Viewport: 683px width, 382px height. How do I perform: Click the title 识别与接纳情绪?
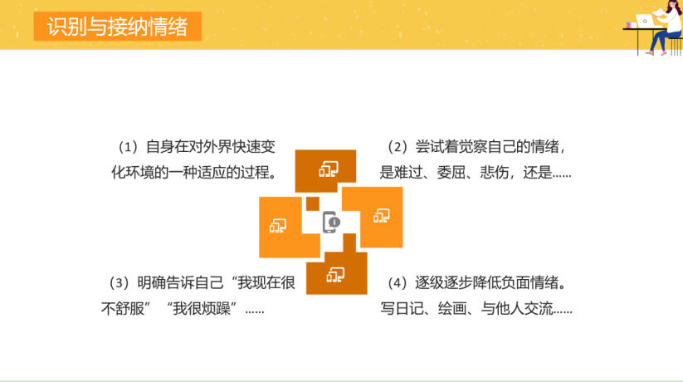pos(117,27)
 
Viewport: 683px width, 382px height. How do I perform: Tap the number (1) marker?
pos(128,147)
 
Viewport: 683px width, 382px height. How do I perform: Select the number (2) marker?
pos(398,147)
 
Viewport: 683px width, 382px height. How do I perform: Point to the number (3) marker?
pos(119,283)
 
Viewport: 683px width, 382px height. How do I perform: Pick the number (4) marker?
pos(398,283)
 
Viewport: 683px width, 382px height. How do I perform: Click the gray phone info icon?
pos(331,223)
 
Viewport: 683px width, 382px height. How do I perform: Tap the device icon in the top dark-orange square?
pos(329,169)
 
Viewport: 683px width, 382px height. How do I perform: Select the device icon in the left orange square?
pos(278,225)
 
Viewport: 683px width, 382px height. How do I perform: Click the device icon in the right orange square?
pos(382,215)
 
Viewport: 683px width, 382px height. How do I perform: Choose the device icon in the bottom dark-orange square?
pos(335,275)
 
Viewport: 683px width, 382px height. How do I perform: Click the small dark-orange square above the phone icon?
pos(313,203)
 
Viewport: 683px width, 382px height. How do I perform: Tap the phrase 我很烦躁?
pos(201,309)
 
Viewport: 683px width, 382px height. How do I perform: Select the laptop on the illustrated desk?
pos(645,21)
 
